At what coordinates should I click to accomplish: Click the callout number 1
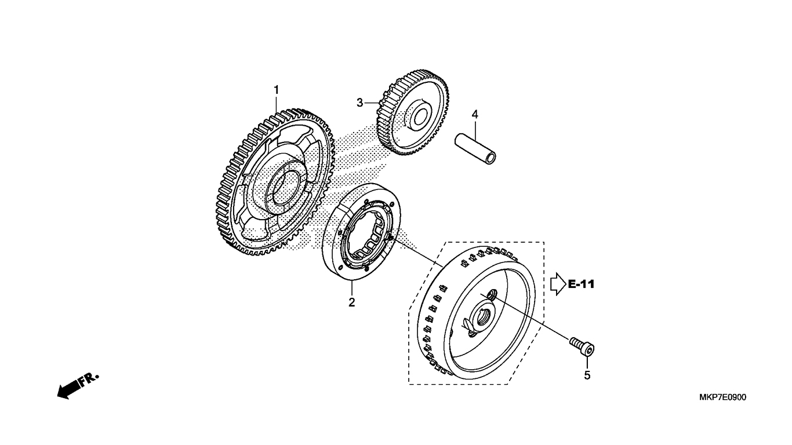pos(277,90)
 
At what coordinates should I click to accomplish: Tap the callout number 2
pos(351,302)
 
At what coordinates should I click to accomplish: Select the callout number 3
pos(359,103)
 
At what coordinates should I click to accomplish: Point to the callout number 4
pos(475,115)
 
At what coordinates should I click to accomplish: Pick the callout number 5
pos(587,375)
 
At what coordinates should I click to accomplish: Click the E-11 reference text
pos(582,284)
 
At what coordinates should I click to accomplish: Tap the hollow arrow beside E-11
pos(558,284)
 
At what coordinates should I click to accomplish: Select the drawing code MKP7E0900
pos(722,397)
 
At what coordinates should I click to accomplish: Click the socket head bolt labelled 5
pos(582,346)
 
